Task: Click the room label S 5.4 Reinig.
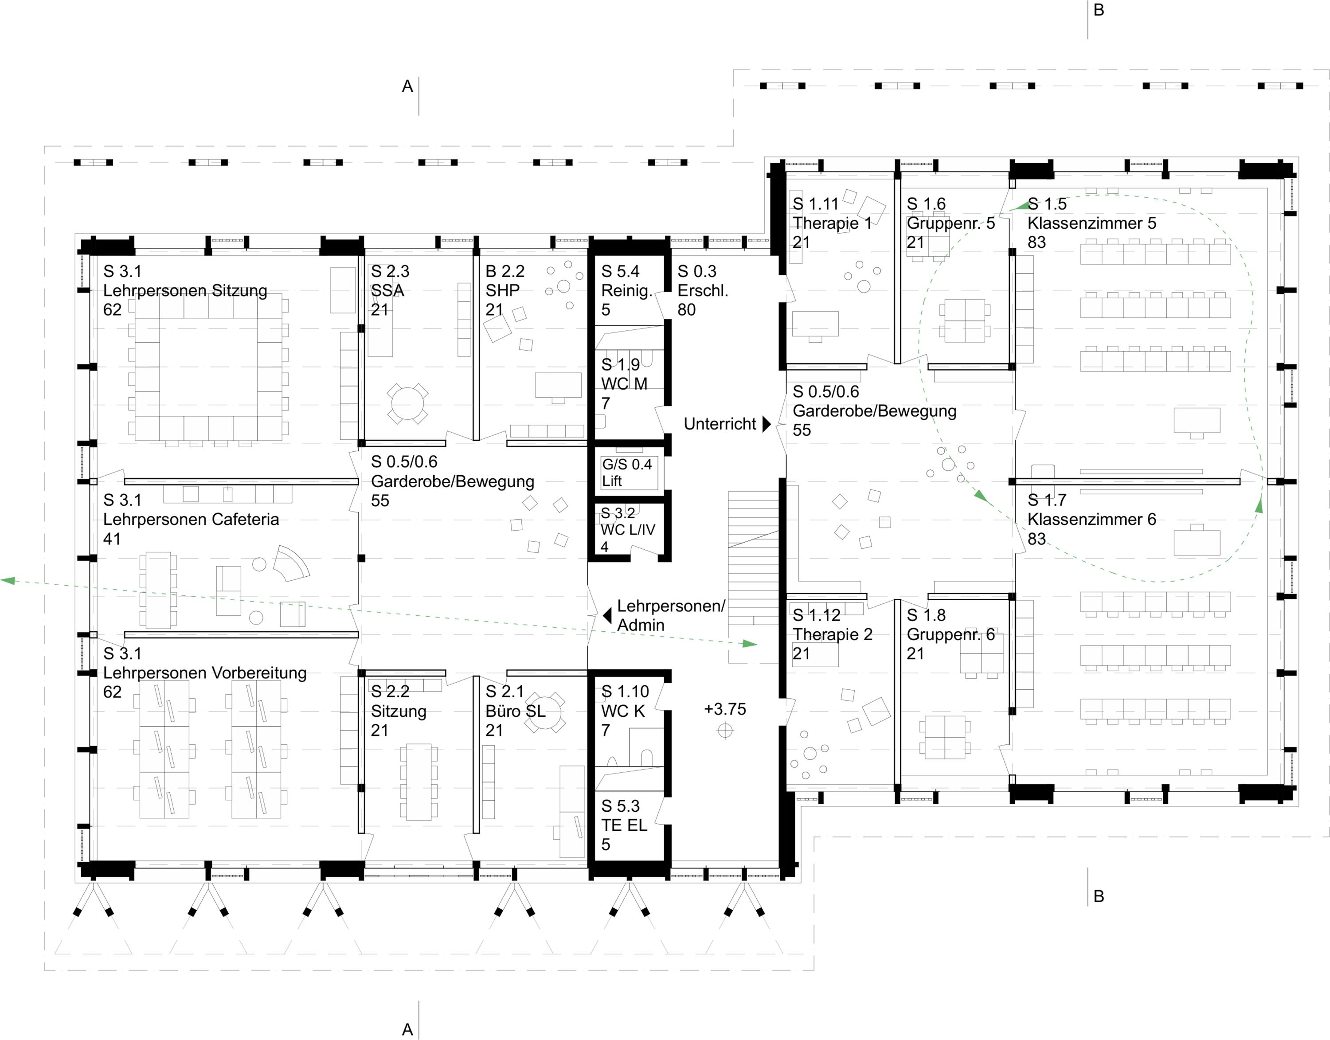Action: click(x=626, y=290)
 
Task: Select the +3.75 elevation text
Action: click(x=725, y=709)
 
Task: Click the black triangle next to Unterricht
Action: click(x=767, y=424)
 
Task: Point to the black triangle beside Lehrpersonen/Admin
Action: click(x=607, y=616)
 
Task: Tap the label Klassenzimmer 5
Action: click(x=1091, y=223)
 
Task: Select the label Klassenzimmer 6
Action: click(x=1091, y=520)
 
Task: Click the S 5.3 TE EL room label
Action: click(x=624, y=825)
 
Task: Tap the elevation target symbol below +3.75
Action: click(x=725, y=730)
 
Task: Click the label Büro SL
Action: click(x=515, y=711)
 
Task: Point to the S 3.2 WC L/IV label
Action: click(x=627, y=529)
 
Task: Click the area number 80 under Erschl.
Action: click(x=686, y=310)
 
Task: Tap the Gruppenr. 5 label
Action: click(x=950, y=223)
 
